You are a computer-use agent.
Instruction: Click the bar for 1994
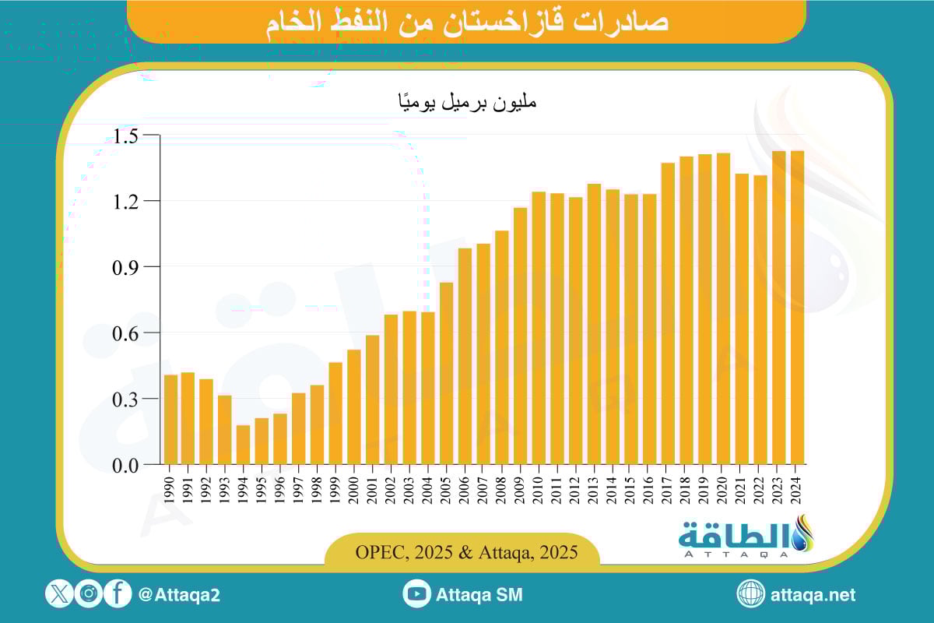243,445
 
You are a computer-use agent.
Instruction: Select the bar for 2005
447,373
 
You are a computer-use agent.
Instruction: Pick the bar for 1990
170,420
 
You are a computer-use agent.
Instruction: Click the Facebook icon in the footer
117,594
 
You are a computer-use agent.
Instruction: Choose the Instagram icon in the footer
89,594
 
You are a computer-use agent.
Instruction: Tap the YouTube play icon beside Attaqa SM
416,594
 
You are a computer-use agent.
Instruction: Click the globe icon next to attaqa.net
750,594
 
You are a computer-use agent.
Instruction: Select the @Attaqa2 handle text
179,595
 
